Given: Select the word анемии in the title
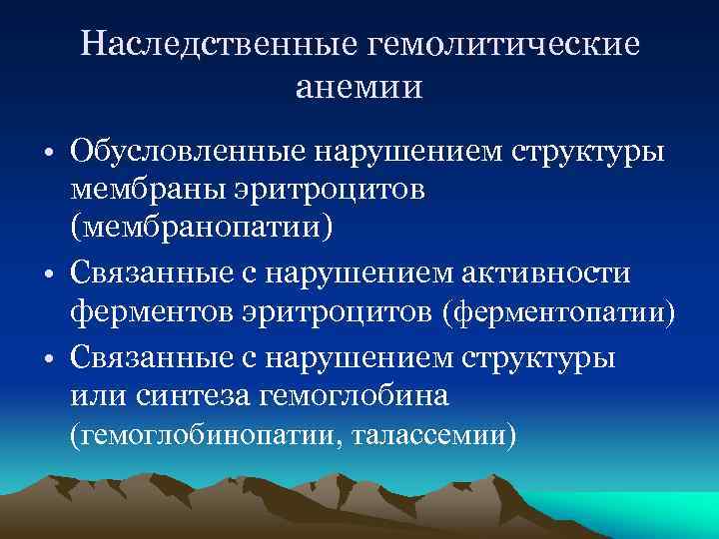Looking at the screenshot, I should point(359,87).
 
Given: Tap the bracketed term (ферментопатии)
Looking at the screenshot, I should point(559,313).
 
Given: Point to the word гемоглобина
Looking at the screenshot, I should point(356,395).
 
